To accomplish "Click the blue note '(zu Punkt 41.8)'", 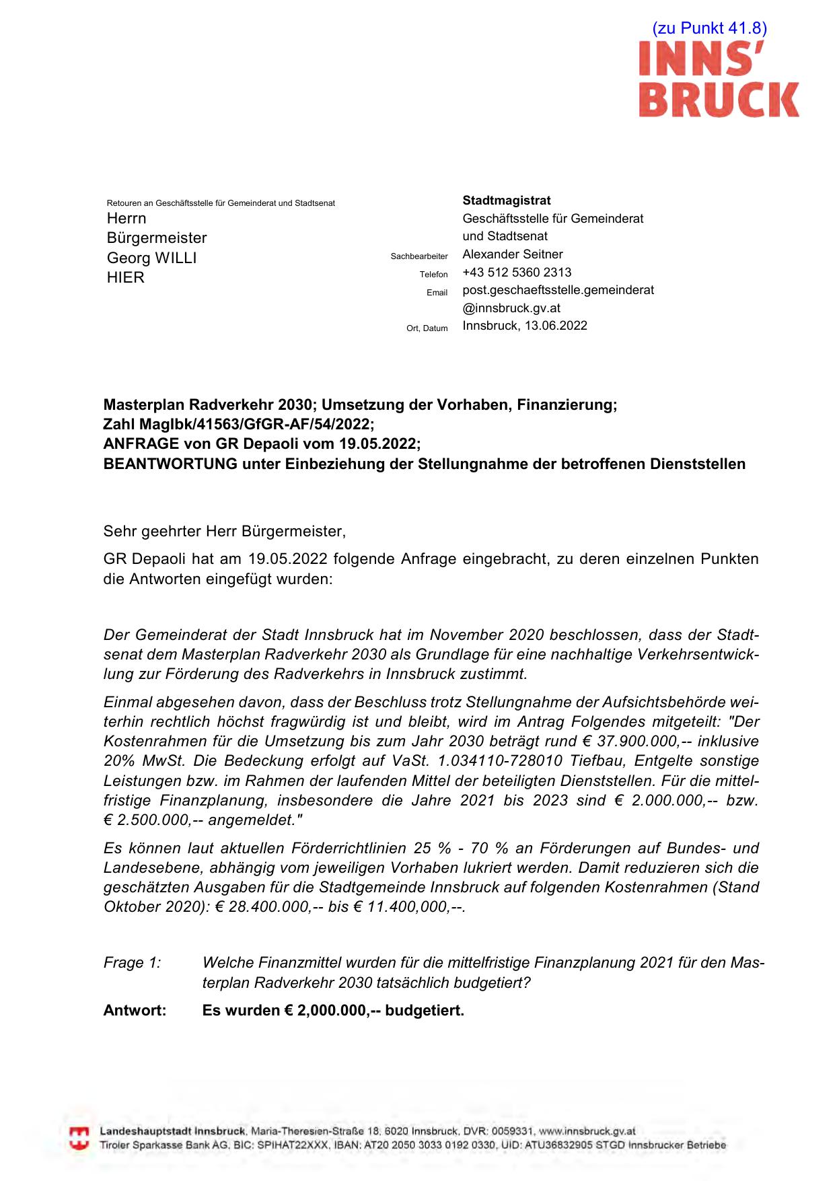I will point(709,28).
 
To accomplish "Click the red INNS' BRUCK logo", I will point(719,79).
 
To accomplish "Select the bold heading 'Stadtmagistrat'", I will point(506,201).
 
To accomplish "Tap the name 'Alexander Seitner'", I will point(512,254).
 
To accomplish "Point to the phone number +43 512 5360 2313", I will point(517,273).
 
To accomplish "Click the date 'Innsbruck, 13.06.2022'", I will point(525,326).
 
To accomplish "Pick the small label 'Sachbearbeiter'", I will point(419,256).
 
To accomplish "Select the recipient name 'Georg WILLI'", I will point(151,258).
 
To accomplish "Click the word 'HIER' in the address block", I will point(126,278).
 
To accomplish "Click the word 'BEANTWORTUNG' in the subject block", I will point(170,464).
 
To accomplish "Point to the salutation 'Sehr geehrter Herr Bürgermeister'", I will point(224,532).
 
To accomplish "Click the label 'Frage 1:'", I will point(132,963).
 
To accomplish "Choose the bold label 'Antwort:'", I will point(135,1011).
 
